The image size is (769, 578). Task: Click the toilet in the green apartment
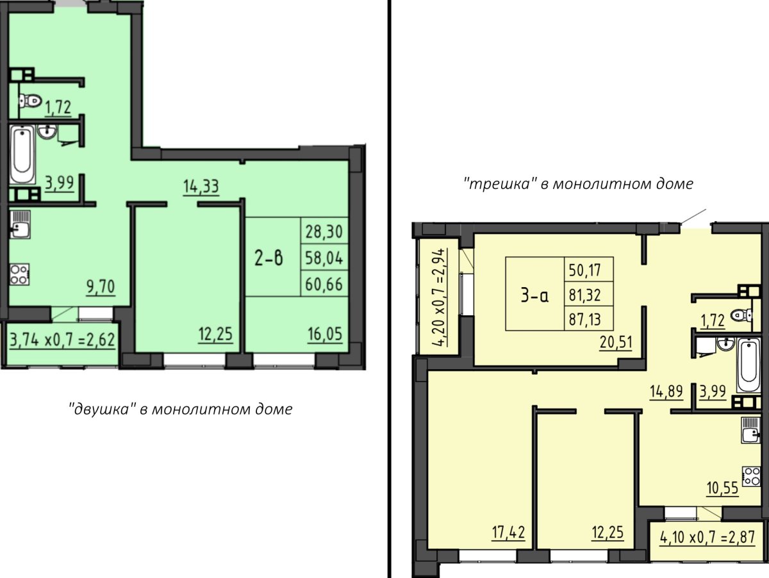tap(30, 102)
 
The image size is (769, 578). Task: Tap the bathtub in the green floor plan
tap(22, 154)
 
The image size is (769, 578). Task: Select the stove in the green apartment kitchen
tap(20, 274)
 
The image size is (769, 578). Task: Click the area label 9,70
tap(101, 286)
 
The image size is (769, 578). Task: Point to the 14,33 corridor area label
tap(201, 186)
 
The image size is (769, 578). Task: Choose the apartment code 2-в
tap(269, 258)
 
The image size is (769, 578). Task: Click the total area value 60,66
tap(324, 284)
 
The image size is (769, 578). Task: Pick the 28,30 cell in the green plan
tap(324, 231)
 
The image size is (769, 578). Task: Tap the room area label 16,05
tap(325, 334)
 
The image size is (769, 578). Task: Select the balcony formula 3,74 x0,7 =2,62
tap(62, 340)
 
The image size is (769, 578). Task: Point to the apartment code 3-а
tap(534, 295)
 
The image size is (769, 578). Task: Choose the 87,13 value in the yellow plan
tap(584, 319)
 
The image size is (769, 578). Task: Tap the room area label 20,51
tap(616, 342)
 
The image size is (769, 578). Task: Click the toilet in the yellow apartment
tap(741, 315)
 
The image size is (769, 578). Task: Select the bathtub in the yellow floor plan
tap(748, 366)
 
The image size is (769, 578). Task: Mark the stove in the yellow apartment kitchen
tap(751, 476)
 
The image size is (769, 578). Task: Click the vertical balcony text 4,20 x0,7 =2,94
tap(440, 297)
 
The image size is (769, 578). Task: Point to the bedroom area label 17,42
tap(508, 533)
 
